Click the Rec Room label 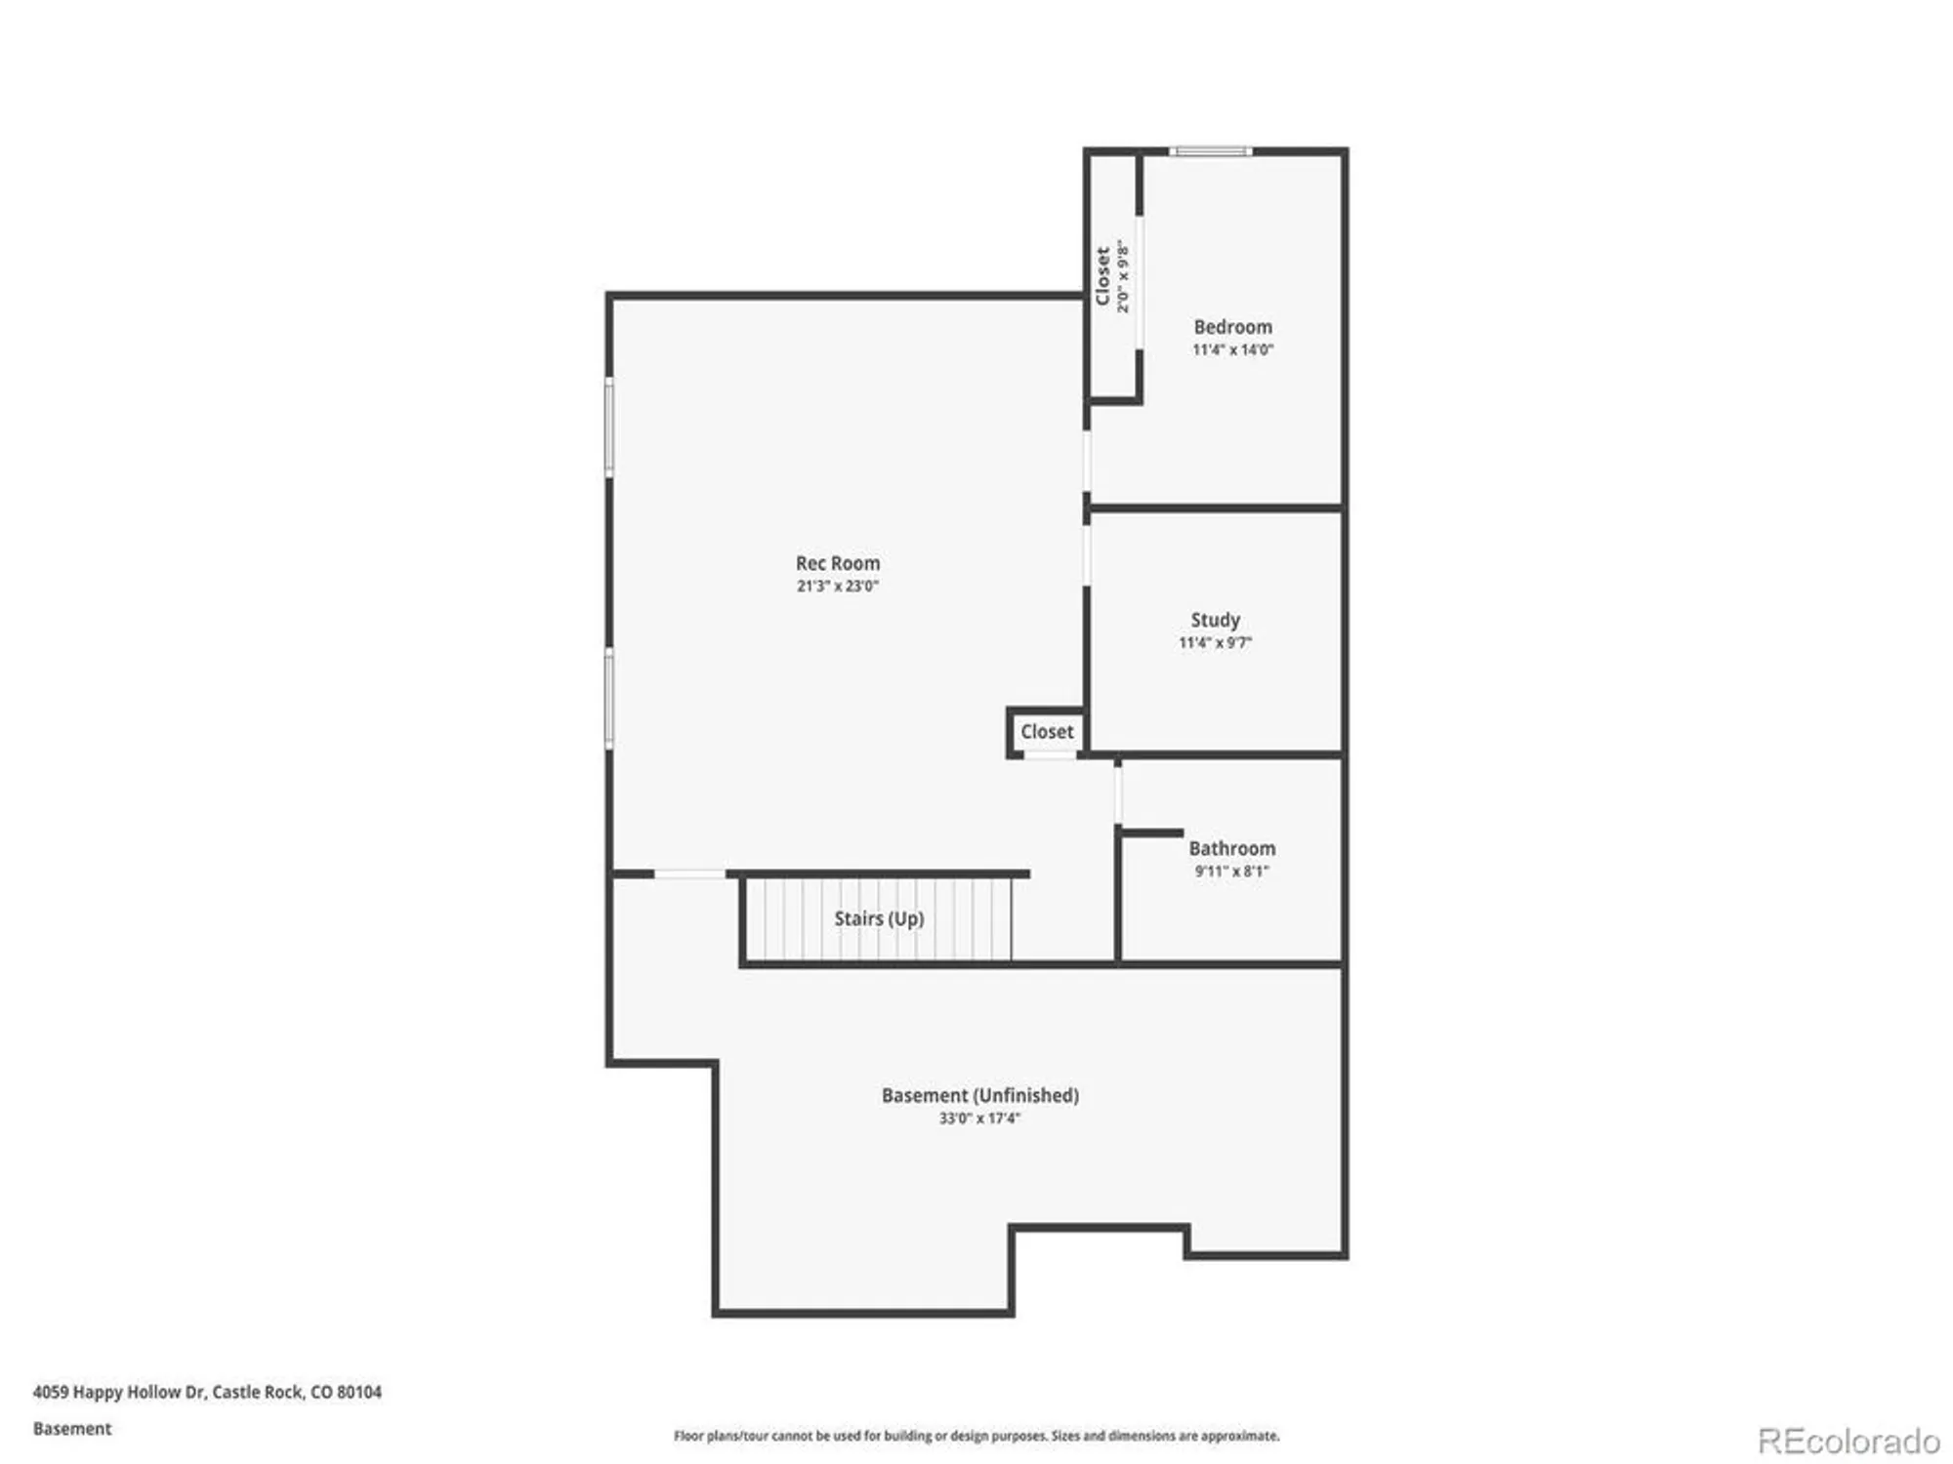(838, 563)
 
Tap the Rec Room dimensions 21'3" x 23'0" (838, 586)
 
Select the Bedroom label (1232, 327)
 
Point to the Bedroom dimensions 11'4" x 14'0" (1232, 349)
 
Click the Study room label (1215, 621)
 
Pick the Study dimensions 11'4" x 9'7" (1215, 642)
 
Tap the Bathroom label (1232, 848)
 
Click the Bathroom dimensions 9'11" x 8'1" (1232, 871)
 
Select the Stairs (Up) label (879, 918)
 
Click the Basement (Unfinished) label (980, 1095)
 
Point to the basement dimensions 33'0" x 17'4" (979, 1118)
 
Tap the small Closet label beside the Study (1047, 731)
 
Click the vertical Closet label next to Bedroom (1102, 276)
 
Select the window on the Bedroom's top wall (1211, 151)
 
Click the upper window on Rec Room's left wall (609, 427)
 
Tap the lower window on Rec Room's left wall (609, 699)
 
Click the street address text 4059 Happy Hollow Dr (119, 1392)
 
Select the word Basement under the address (72, 1429)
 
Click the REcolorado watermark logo (1849, 1441)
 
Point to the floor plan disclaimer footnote (976, 1436)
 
